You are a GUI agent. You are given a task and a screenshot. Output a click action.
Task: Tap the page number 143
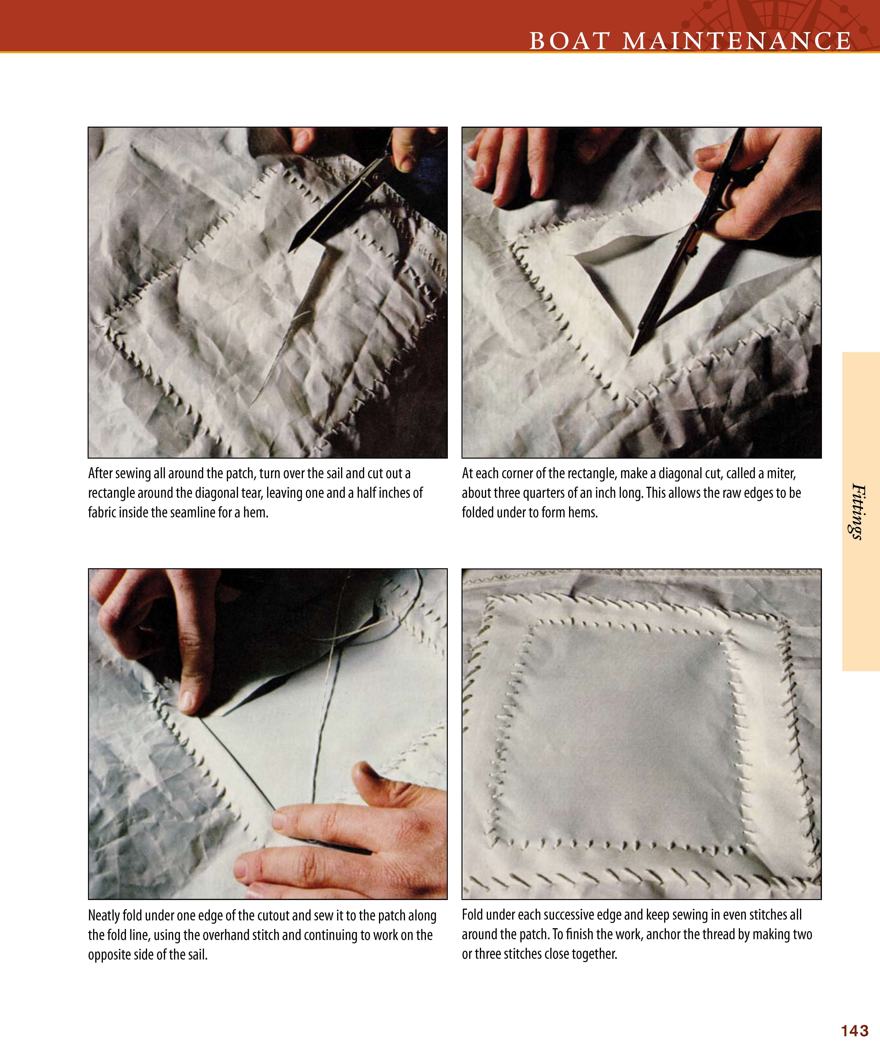[855, 1031]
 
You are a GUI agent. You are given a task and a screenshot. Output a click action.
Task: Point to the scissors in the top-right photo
[689, 242]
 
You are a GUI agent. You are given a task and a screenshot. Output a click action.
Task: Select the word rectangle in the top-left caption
[111, 494]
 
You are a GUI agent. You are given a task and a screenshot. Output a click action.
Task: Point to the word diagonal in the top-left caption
[217, 494]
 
